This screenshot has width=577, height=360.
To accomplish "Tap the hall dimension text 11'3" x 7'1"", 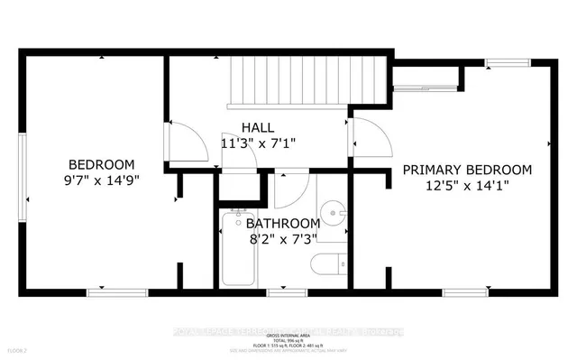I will click(x=258, y=143).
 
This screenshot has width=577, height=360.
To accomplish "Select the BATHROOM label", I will click(x=283, y=224).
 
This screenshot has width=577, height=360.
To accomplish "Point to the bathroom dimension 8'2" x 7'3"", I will click(x=283, y=239).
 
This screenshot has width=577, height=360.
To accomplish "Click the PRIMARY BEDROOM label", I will click(x=466, y=170).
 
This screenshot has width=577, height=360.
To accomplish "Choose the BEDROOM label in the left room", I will click(x=102, y=164).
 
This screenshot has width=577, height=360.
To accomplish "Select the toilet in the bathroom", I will click(x=327, y=265).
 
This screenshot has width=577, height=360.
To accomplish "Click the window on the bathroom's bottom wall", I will click(x=281, y=291).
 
